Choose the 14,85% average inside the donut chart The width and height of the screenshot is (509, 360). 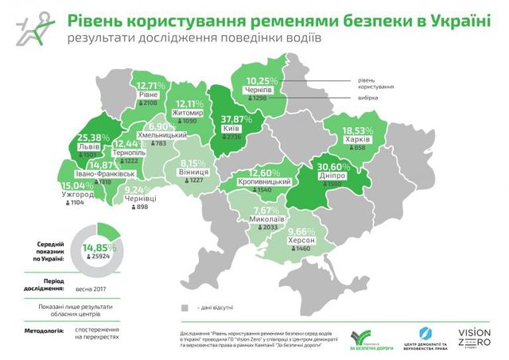tap(99, 248)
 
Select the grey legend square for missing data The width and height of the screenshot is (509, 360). tap(183, 306)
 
